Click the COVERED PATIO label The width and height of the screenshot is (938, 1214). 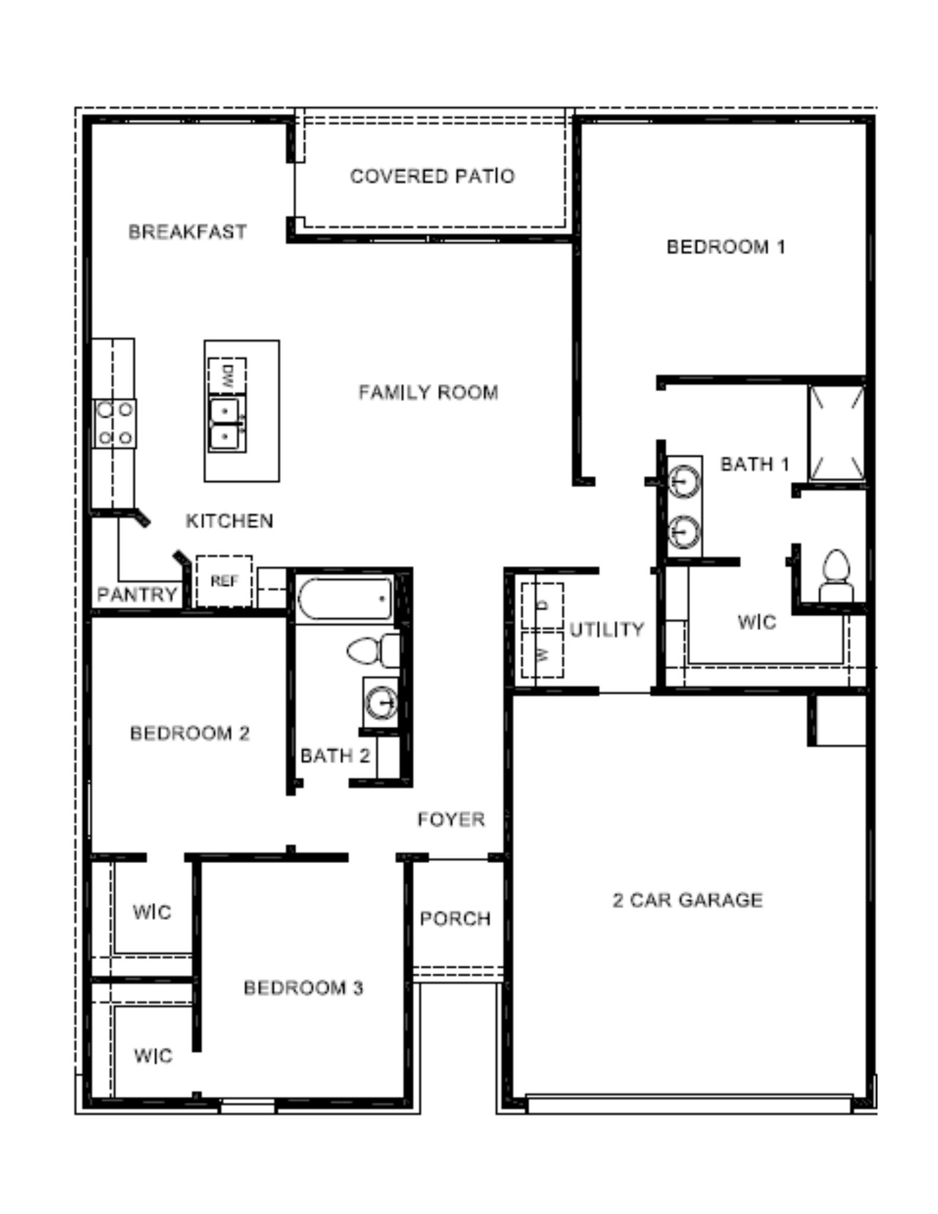432,176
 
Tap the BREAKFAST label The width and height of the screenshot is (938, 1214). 187,231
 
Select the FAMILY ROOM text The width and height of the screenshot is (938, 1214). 428,392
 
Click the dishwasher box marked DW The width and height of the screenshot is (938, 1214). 226,375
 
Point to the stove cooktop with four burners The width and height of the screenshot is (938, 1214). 115,423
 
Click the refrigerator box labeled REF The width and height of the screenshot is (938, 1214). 224,581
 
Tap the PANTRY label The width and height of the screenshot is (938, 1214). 137,594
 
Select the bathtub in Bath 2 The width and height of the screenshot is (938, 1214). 344,599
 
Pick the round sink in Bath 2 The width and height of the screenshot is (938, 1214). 380,703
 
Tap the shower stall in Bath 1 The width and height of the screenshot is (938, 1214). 837,432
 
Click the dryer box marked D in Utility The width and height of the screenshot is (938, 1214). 542,605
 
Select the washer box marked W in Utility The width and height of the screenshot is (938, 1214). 542,654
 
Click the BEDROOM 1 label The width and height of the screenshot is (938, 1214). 726,247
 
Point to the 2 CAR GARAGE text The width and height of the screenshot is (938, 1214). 687,900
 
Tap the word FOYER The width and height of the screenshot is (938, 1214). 451,819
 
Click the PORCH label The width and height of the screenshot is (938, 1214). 455,918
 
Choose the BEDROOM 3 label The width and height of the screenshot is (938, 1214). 303,988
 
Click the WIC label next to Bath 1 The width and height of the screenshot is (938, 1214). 757,622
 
